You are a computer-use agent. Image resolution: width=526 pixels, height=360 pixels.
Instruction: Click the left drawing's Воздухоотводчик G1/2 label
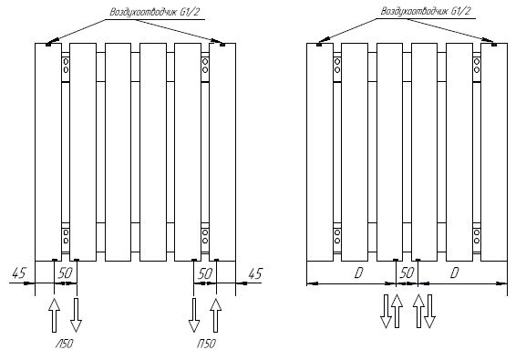pos(155,12)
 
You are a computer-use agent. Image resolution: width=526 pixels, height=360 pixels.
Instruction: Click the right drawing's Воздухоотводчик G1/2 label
pos(426,11)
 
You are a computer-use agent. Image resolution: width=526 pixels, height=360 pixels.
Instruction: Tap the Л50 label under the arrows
pos(64,344)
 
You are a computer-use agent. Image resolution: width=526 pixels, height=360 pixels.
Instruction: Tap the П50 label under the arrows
pos(206,344)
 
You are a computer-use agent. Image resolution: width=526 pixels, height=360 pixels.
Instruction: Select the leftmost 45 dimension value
pos(19,273)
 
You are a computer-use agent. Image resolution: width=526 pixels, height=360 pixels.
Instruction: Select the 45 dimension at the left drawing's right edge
pos(254,273)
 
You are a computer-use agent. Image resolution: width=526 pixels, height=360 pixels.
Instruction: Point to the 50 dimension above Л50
pos(66,273)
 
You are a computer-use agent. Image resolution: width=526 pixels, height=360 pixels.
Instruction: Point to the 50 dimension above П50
pos(205,273)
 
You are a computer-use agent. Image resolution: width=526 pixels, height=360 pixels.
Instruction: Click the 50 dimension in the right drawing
pos(407,273)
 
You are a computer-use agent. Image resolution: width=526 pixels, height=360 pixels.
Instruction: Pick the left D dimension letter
pos(358,273)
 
